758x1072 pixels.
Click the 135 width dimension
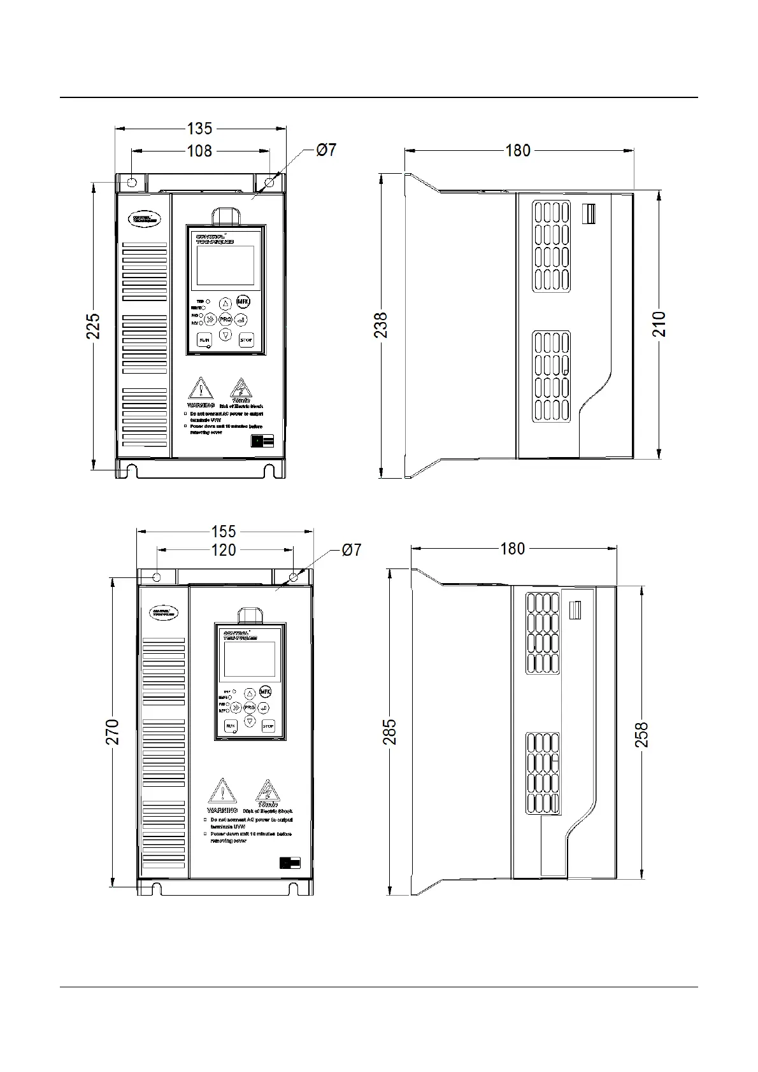click(199, 129)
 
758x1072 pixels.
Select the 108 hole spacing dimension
click(199, 151)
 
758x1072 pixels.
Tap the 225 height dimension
click(94, 325)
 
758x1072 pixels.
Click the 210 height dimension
click(659, 324)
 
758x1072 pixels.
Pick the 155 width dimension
click(224, 531)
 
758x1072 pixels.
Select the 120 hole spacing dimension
click(224, 550)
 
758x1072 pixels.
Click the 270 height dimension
click(113, 731)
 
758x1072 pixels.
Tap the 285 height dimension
click(390, 731)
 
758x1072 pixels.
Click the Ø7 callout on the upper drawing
click(326, 150)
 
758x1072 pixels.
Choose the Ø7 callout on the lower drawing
click(352, 550)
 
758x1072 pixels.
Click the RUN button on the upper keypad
click(204, 340)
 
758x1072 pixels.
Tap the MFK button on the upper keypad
click(243, 302)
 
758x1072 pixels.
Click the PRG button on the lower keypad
click(250, 708)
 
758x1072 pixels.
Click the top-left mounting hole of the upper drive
click(132, 183)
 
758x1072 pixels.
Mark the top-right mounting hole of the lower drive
click(294, 577)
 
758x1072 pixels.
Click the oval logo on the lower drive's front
click(164, 612)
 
